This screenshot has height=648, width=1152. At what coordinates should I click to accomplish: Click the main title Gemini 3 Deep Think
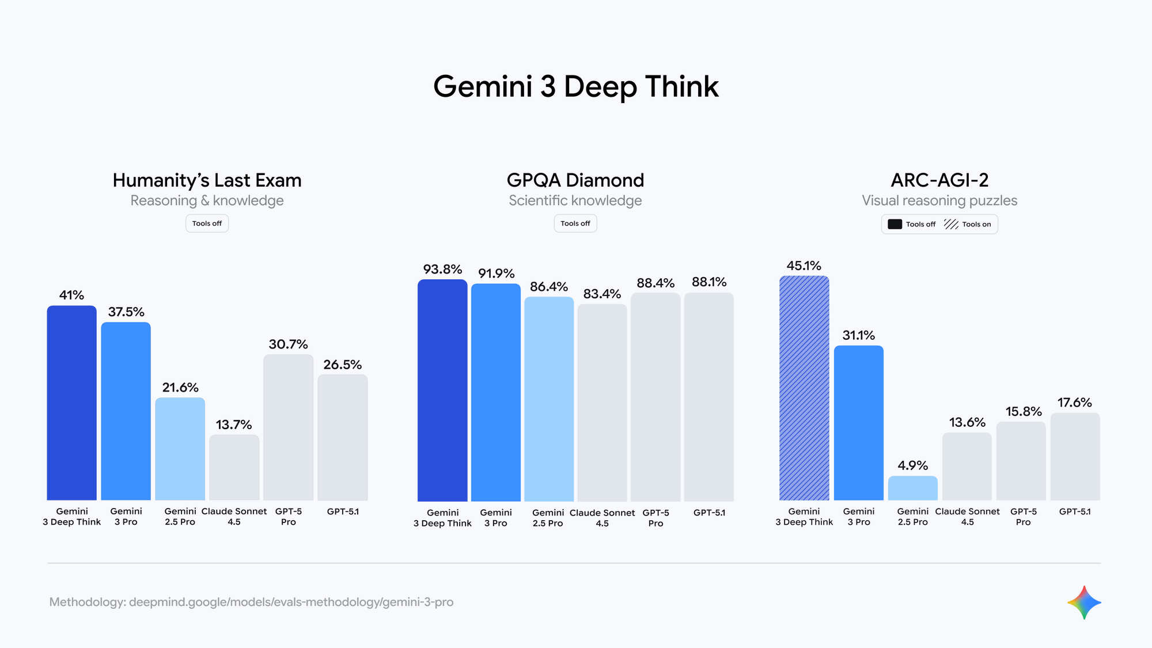576,86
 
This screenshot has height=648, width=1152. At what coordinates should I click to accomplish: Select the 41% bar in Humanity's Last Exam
72,403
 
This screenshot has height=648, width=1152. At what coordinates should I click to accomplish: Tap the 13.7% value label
234,425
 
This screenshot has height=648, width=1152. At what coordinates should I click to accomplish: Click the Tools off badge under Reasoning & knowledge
207,223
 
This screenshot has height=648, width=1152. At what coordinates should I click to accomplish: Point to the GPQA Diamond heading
575,180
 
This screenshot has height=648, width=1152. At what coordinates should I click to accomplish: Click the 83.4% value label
602,294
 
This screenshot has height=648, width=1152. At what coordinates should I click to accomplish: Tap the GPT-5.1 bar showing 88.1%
709,397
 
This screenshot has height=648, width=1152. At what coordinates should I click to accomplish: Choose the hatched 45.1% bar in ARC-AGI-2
804,388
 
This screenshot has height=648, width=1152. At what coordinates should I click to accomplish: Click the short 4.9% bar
912,488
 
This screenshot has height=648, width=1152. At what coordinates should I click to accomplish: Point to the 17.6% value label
1075,403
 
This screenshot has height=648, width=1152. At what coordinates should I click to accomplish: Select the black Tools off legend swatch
895,224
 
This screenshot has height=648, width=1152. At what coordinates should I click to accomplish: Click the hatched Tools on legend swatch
951,224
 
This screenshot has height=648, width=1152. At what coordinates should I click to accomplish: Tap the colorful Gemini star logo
1084,602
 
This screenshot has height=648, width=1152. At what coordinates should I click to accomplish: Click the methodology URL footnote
251,602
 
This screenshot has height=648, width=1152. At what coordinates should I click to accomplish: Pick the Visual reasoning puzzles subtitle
939,200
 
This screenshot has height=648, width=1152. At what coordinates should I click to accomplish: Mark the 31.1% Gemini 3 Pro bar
858,423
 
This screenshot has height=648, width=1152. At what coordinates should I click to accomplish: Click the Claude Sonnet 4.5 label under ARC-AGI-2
967,517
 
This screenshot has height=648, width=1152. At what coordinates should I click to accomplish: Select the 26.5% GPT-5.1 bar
342,438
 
